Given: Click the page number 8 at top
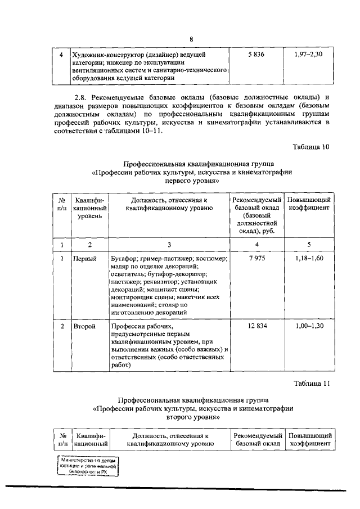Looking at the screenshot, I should click(191, 39).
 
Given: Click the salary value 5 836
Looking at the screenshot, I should click(255, 55).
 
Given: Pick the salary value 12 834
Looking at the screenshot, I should click(255, 326).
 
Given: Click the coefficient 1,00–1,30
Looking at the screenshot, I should click(309, 326).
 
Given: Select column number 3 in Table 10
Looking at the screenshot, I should click(169, 244).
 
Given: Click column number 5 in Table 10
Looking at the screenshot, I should click(308, 244).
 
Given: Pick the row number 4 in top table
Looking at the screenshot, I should click(61, 55).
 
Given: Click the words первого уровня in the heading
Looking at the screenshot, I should click(191, 182).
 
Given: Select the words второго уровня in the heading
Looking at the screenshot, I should click(191, 418).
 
